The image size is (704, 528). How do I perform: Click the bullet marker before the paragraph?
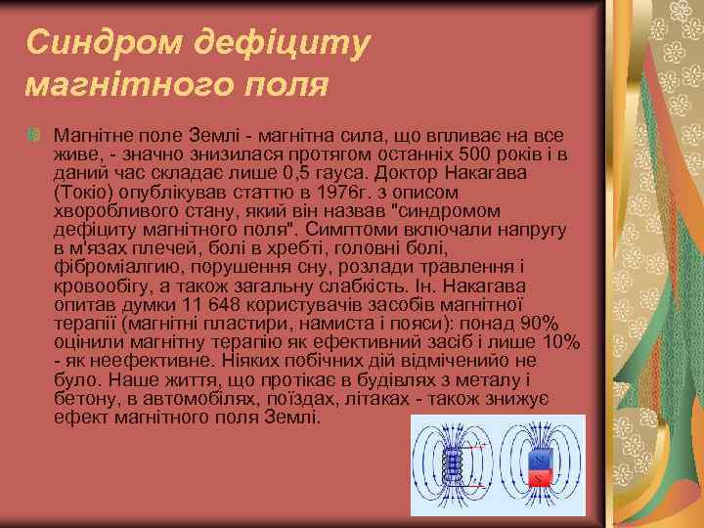35,133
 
